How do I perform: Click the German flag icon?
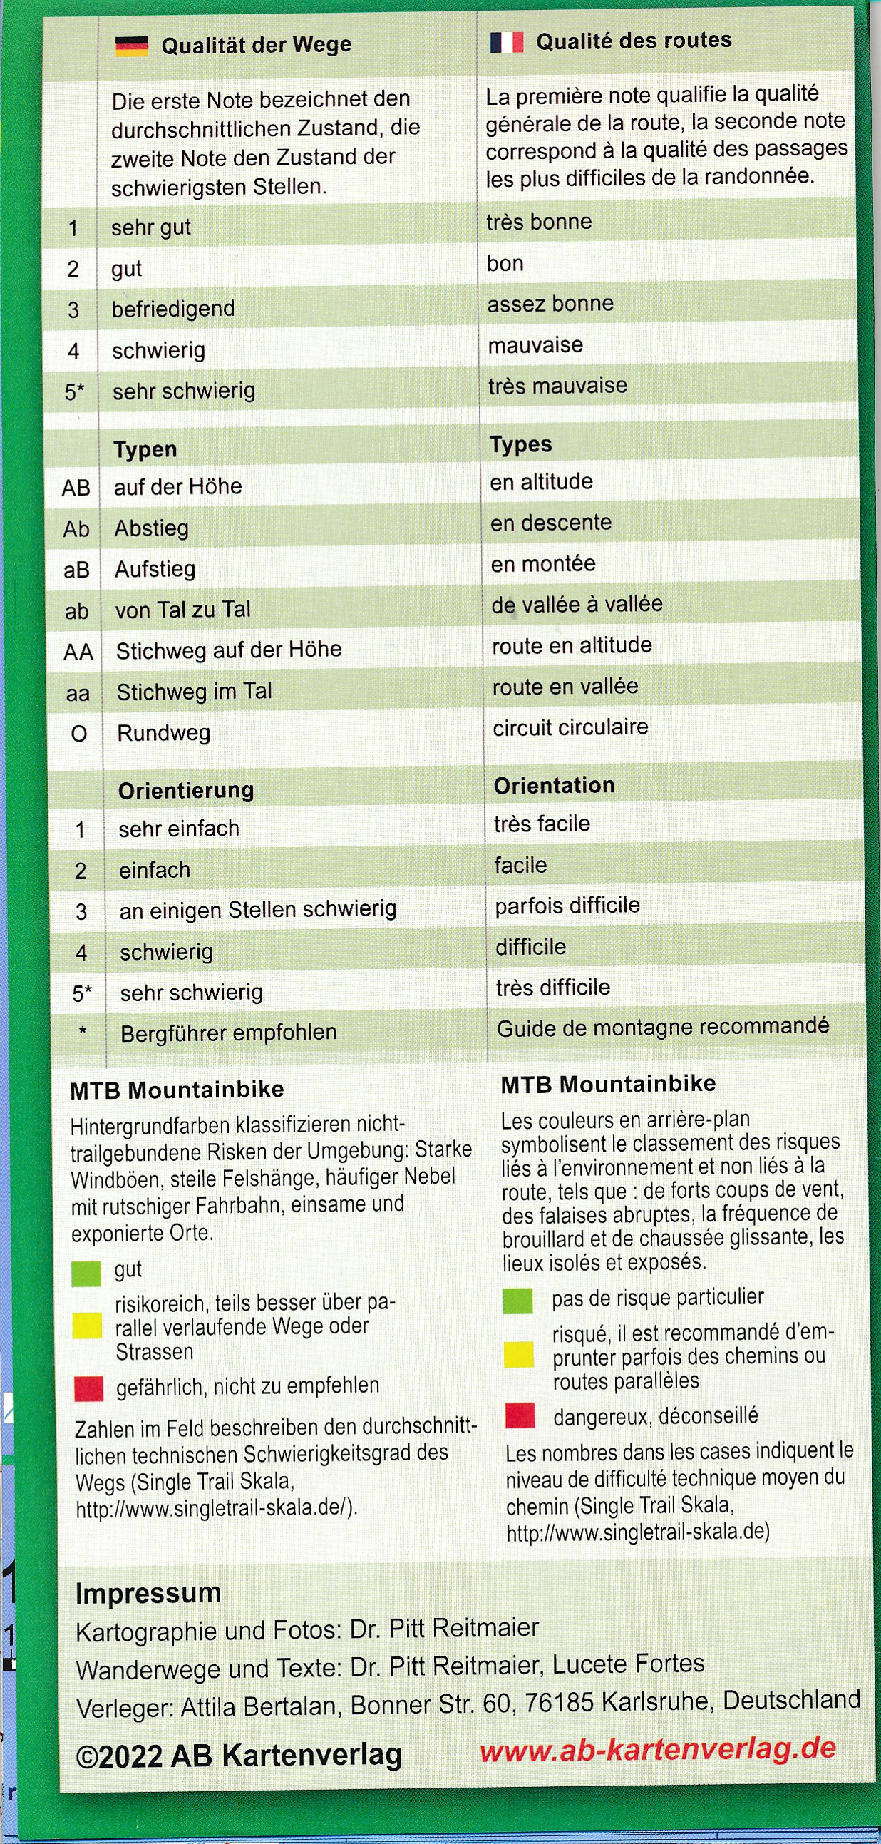point(131,46)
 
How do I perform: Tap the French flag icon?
point(506,42)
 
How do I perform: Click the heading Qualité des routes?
point(634,41)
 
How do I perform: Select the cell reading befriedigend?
point(173,309)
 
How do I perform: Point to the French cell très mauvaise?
point(557,386)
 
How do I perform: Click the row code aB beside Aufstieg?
point(76,570)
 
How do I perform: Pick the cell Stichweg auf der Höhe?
point(228,650)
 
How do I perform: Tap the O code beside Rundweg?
point(78,734)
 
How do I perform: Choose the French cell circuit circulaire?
point(570,727)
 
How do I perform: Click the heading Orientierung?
point(186,790)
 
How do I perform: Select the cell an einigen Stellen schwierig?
point(257,910)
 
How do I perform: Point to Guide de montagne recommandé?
point(663,1028)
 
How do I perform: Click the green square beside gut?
point(86,1275)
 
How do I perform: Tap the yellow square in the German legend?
point(87,1326)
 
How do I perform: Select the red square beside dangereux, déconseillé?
point(520,1415)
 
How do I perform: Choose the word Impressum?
point(148,1594)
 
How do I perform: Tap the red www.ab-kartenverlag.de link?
point(658,1749)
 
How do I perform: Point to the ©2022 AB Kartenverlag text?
point(238,1756)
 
